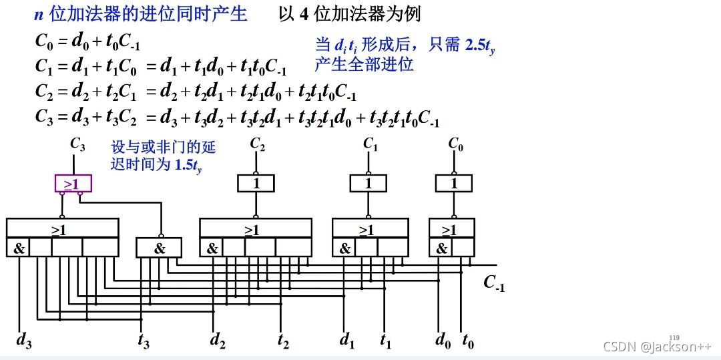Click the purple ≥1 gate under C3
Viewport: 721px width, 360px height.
(x=71, y=183)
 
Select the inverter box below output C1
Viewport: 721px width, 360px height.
(x=369, y=183)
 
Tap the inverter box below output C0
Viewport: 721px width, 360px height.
(x=454, y=183)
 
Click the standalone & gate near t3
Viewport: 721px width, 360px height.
(x=159, y=248)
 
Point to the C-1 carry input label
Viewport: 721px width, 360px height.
(x=494, y=283)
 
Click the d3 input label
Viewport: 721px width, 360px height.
(x=24, y=341)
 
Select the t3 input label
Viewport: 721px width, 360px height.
(x=144, y=341)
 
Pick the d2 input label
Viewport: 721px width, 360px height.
(x=217, y=341)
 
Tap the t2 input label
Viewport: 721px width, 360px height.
(x=284, y=341)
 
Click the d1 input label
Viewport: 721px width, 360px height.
(x=347, y=341)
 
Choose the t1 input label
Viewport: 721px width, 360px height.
(x=385, y=341)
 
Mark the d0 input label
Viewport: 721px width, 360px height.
(x=443, y=341)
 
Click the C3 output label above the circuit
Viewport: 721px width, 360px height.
(x=77, y=142)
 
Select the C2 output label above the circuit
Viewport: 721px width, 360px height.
(x=258, y=144)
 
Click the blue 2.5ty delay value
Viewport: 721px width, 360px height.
(x=479, y=46)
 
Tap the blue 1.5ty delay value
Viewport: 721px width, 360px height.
(x=188, y=164)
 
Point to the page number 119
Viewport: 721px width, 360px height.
(x=674, y=337)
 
